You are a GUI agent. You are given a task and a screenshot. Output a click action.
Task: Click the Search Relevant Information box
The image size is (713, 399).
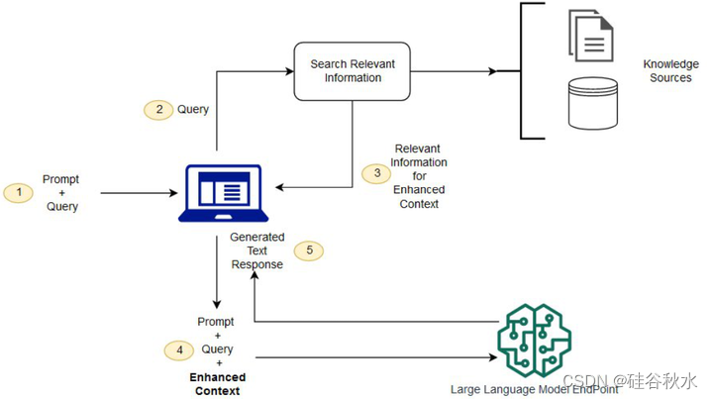[x=353, y=70]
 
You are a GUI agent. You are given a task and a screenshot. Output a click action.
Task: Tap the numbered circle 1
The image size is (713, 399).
[x=19, y=193]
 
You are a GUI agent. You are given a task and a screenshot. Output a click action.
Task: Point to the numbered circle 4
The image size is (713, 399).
[x=178, y=349]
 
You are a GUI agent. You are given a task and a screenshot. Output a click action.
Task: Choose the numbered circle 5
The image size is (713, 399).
[x=310, y=250]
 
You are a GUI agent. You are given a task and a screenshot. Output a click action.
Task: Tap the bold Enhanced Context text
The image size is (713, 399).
[x=216, y=384]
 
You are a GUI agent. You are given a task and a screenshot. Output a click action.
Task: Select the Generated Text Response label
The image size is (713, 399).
[x=257, y=250]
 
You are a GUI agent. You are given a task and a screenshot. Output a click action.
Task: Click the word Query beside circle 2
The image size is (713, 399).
[x=193, y=110]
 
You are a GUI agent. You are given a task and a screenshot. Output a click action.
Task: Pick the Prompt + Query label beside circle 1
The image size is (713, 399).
[x=60, y=193]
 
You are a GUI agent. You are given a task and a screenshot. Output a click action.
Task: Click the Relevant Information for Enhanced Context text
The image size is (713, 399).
[x=420, y=175]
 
